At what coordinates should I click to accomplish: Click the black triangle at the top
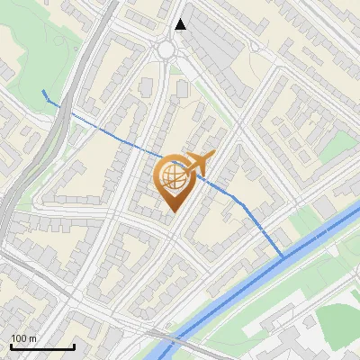click(x=181, y=24)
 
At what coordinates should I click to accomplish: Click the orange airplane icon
click(x=196, y=164)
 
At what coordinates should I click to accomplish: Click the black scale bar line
click(x=42, y=346)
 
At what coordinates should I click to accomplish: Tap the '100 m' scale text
click(x=24, y=338)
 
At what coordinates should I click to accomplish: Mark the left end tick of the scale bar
click(x=11, y=346)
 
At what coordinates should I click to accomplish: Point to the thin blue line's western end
click(x=44, y=92)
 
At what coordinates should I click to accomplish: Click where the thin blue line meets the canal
click(x=283, y=257)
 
